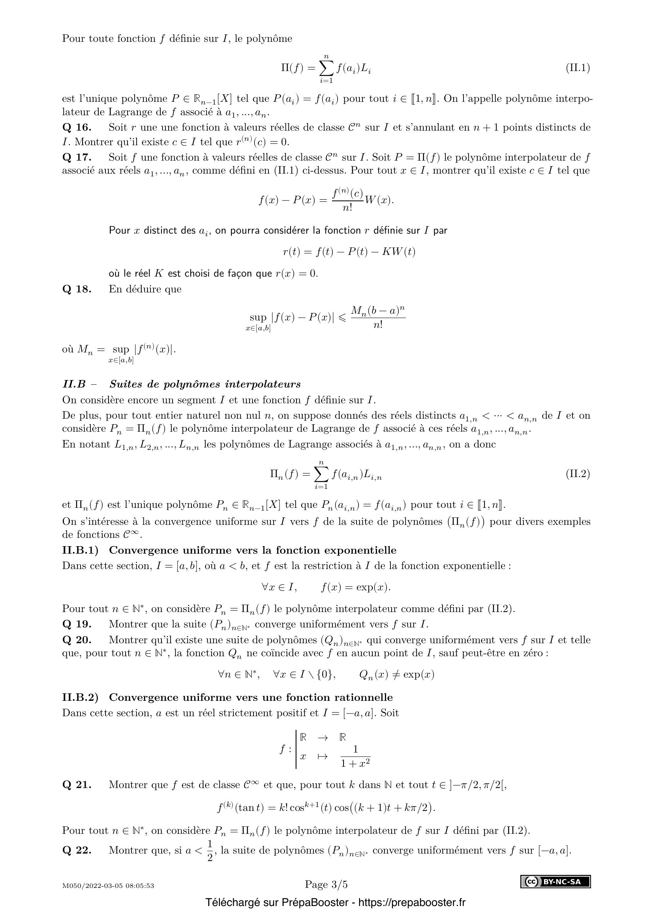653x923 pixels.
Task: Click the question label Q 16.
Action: click(77, 128)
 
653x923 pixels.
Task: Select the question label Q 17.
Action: click(77, 157)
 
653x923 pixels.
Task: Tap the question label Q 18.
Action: click(77, 289)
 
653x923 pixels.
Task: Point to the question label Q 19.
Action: click(77, 624)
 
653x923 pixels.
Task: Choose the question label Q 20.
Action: click(77, 640)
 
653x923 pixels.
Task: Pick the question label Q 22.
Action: click(77, 850)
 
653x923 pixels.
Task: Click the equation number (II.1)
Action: click(578, 68)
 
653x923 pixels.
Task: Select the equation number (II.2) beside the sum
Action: click(578, 474)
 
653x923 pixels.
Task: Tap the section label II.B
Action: click(74, 384)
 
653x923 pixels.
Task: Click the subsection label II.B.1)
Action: click(80, 550)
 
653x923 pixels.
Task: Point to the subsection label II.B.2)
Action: click(80, 697)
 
